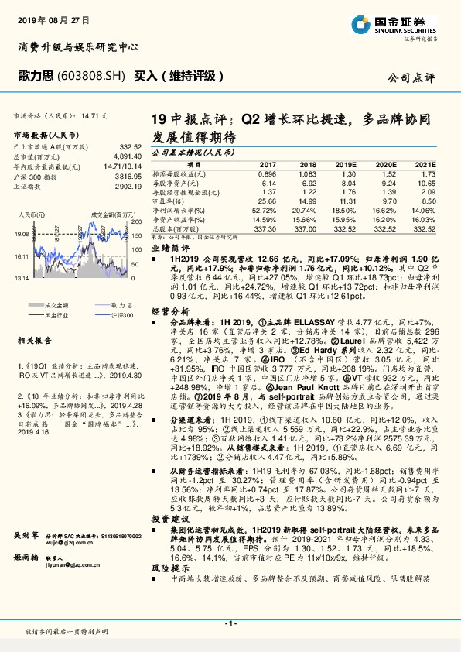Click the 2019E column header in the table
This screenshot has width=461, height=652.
tap(347, 164)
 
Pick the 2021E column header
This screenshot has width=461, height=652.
tap(424, 164)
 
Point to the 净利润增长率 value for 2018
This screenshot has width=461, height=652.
tap(306, 209)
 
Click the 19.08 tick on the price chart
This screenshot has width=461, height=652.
tap(21, 233)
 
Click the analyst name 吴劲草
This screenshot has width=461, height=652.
tap(26, 535)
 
